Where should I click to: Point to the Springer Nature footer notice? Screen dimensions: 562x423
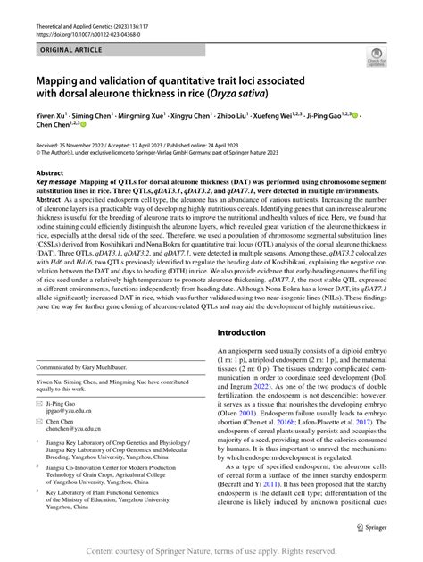pos(211,551)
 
